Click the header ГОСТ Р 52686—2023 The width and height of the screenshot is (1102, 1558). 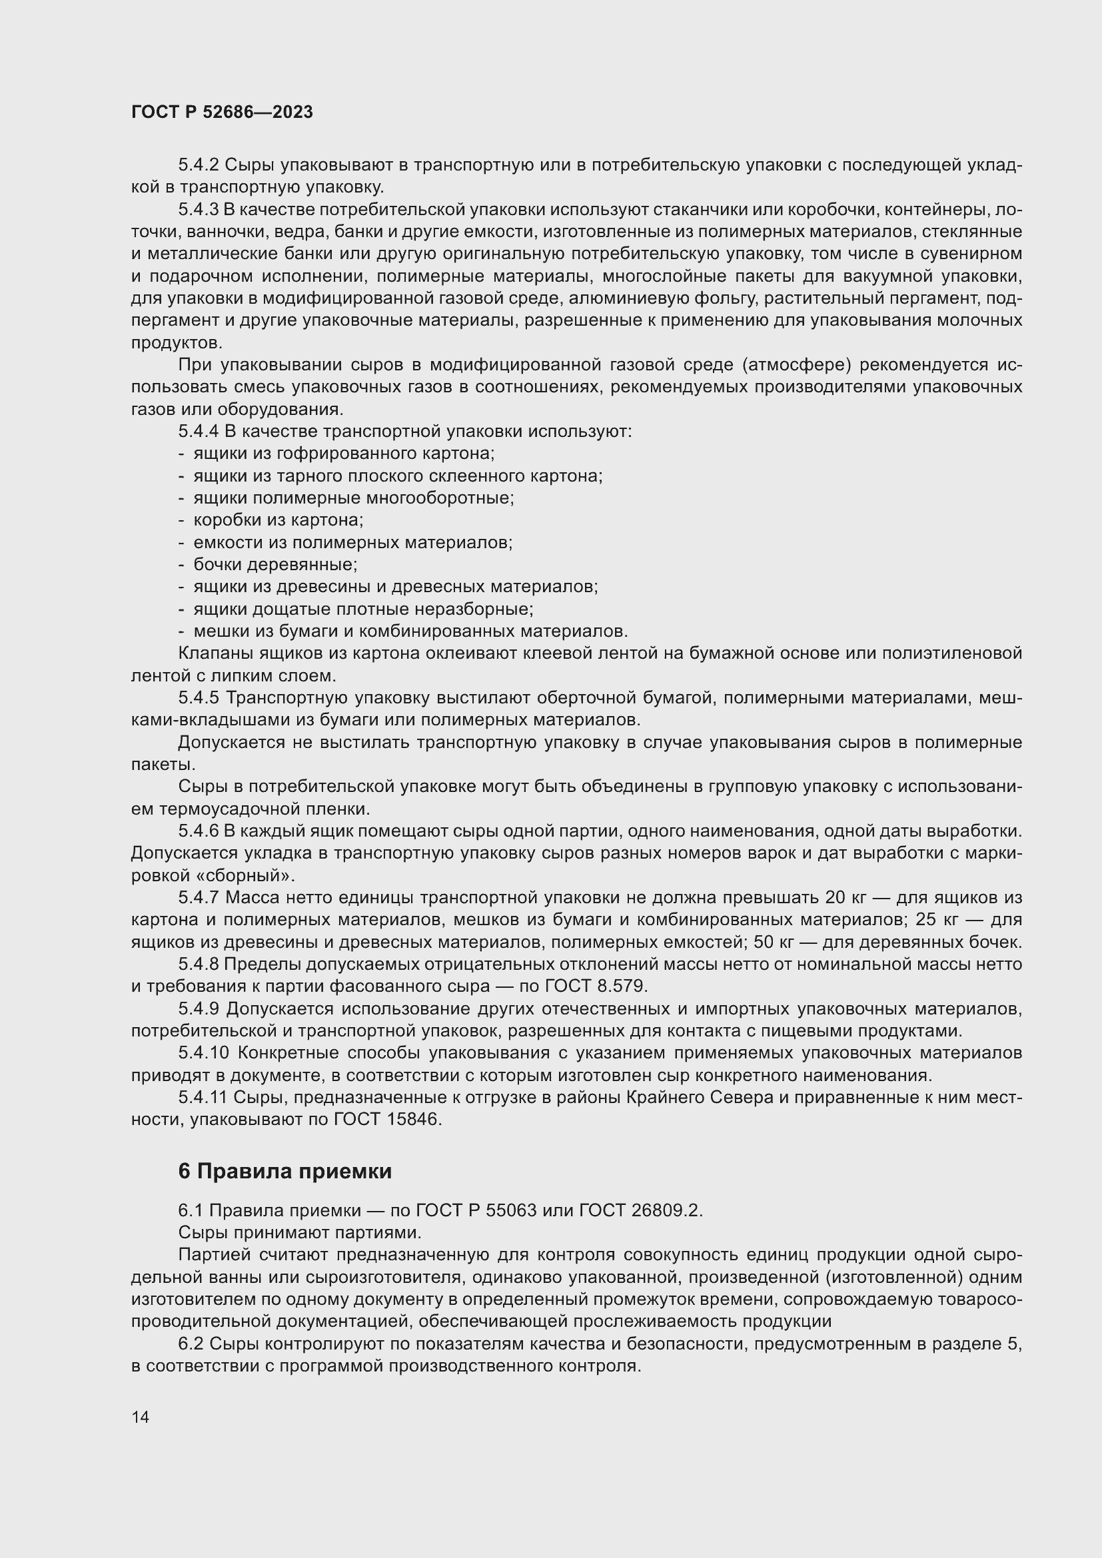click(222, 113)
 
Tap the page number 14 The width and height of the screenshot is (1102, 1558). click(141, 1417)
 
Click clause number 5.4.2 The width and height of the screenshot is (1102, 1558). click(199, 166)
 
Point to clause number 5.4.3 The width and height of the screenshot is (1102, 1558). click(199, 210)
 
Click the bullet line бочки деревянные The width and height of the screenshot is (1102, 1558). click(275, 565)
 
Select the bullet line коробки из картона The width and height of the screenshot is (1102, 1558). click(278, 520)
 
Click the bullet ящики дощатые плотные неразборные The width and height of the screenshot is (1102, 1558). click(363, 609)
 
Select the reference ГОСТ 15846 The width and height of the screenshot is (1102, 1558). click(388, 1120)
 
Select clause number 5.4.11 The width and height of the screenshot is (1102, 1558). click(203, 1097)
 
